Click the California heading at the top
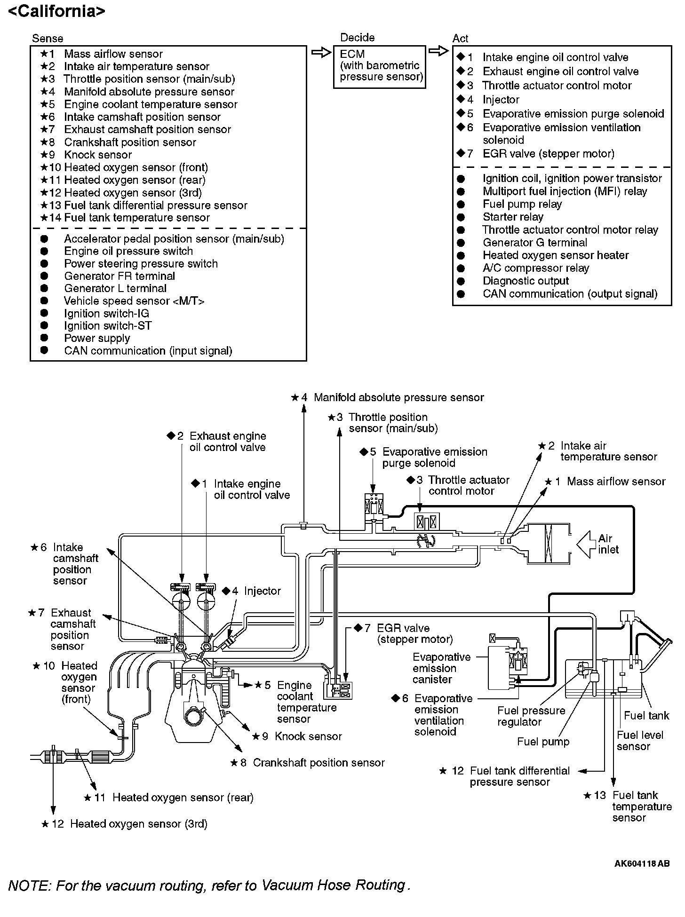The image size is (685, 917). [56, 11]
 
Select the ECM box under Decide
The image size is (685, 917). [379, 66]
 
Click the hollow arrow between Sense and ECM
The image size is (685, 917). [321, 52]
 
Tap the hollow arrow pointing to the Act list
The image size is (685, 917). [438, 51]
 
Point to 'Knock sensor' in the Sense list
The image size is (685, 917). [97, 155]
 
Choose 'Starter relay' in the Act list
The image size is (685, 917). [513, 217]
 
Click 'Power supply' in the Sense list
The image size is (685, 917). [97, 338]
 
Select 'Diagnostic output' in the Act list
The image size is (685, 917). [526, 281]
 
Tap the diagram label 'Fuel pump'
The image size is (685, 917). [543, 742]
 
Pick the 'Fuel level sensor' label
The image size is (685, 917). [640, 741]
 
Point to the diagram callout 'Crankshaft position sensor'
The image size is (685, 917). [319, 762]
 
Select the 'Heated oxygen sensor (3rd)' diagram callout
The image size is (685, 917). [138, 823]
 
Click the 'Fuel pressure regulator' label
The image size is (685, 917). [531, 716]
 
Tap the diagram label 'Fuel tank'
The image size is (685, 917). [646, 715]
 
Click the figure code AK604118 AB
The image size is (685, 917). [642, 863]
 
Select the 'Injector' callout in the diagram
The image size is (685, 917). [262, 591]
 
